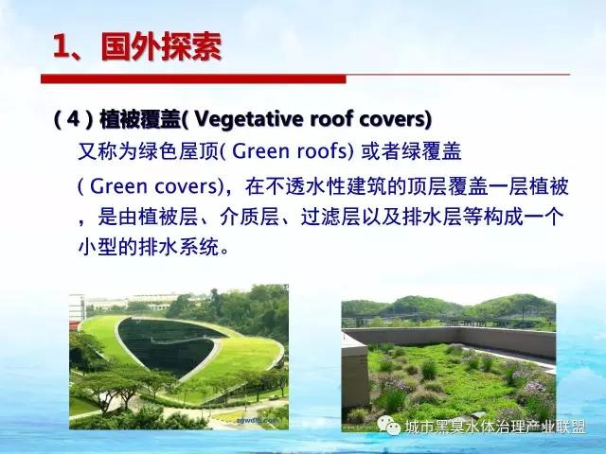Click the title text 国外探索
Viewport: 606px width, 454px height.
[x=161, y=47]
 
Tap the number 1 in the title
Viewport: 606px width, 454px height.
[x=61, y=47]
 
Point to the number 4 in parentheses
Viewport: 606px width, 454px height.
[x=73, y=119]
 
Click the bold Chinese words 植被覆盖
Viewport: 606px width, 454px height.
[x=140, y=119]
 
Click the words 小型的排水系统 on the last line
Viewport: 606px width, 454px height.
[x=149, y=247]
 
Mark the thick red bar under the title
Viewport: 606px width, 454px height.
[x=193, y=79]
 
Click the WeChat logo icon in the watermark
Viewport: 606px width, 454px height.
[x=388, y=425]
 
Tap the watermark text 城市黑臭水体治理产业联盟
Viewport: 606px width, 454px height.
[x=494, y=427]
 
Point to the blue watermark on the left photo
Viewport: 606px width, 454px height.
[x=258, y=420]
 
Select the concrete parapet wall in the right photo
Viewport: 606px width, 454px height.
[x=453, y=339]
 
